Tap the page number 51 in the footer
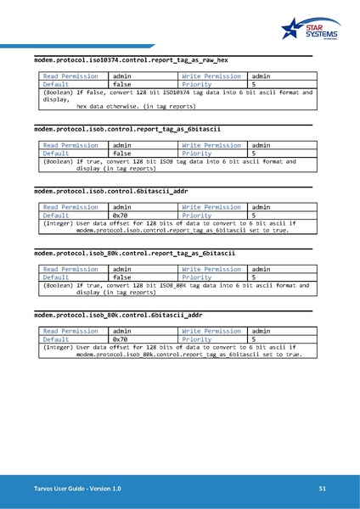click(x=323, y=489)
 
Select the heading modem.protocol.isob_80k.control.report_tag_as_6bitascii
click(x=134, y=254)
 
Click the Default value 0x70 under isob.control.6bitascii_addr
click(x=121, y=215)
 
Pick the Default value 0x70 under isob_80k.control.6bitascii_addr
click(x=121, y=338)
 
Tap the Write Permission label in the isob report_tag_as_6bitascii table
click(x=211, y=145)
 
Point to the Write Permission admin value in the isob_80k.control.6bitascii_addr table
click(x=261, y=330)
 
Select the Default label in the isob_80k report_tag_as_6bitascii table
click(x=56, y=277)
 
